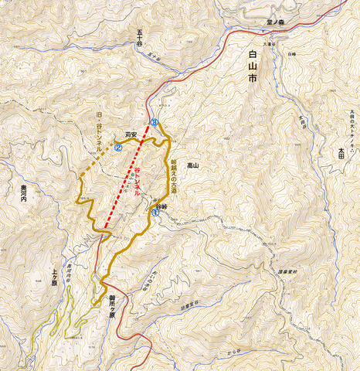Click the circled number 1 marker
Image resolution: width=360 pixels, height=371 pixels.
157,218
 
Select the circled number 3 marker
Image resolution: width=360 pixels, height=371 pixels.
155,123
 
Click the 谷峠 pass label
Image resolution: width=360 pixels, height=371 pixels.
161,208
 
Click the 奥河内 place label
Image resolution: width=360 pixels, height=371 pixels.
18,199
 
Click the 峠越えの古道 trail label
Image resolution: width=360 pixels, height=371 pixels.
165,174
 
